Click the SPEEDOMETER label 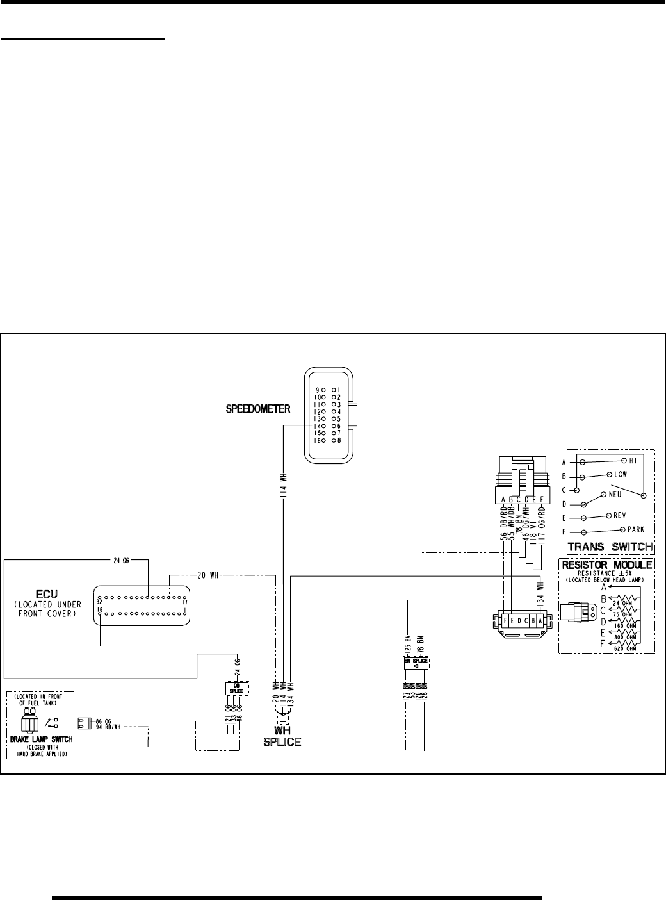click(x=258, y=408)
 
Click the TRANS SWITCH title click(x=610, y=547)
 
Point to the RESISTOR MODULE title click(x=606, y=565)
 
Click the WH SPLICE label click(x=282, y=736)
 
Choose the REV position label click(x=619, y=515)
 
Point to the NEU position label click(x=617, y=495)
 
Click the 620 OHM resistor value click(x=626, y=648)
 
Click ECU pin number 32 click(x=100, y=602)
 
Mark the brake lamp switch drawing click(x=29, y=719)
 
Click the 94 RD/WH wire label click(x=107, y=727)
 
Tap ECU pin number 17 click(x=184, y=602)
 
